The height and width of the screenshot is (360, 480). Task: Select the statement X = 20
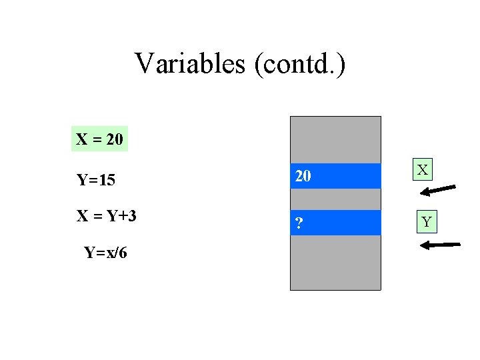point(99,139)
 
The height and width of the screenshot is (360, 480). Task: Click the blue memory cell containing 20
point(335,176)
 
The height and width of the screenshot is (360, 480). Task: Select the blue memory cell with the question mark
point(335,223)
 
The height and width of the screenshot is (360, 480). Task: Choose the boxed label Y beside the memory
point(425,221)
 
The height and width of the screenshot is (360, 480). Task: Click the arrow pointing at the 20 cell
point(438,190)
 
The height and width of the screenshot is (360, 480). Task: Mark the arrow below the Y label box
point(440,245)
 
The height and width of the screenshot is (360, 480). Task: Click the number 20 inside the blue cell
point(303,176)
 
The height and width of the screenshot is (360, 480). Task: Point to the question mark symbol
point(300,223)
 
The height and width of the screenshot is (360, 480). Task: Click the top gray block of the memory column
point(335,139)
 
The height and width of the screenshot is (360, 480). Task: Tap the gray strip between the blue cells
point(335,199)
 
